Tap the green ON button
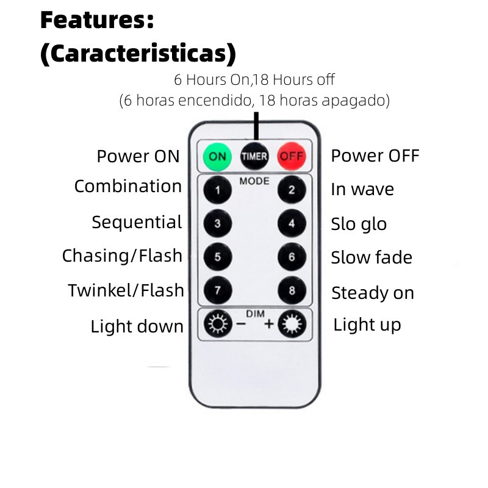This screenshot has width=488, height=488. click(x=217, y=156)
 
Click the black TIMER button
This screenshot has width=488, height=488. click(x=254, y=156)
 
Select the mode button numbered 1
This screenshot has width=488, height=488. click(x=218, y=190)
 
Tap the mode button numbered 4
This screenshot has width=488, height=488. click(x=292, y=223)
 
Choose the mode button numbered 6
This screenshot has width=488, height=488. click(x=292, y=257)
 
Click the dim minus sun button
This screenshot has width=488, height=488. click(x=218, y=324)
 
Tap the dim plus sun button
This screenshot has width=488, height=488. click(x=292, y=324)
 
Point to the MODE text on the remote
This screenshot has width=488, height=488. click(x=254, y=181)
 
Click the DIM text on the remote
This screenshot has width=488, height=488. click(x=255, y=314)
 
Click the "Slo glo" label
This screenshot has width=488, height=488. click(x=359, y=224)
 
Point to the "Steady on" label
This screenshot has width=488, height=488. click(x=373, y=293)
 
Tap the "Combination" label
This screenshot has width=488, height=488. click(x=128, y=187)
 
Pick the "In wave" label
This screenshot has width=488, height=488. click(x=362, y=189)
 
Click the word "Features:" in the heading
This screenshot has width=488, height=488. click(x=98, y=20)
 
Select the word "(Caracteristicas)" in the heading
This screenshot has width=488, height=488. click(x=138, y=54)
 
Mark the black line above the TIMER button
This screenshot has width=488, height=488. click(x=256, y=126)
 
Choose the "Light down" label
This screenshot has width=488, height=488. click(x=137, y=326)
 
